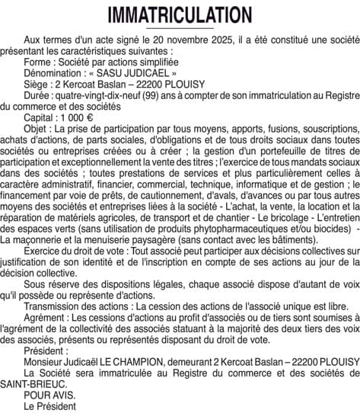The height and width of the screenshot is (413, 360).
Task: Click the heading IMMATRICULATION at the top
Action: [180, 15]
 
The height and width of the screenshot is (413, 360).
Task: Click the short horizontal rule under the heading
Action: [180, 29]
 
